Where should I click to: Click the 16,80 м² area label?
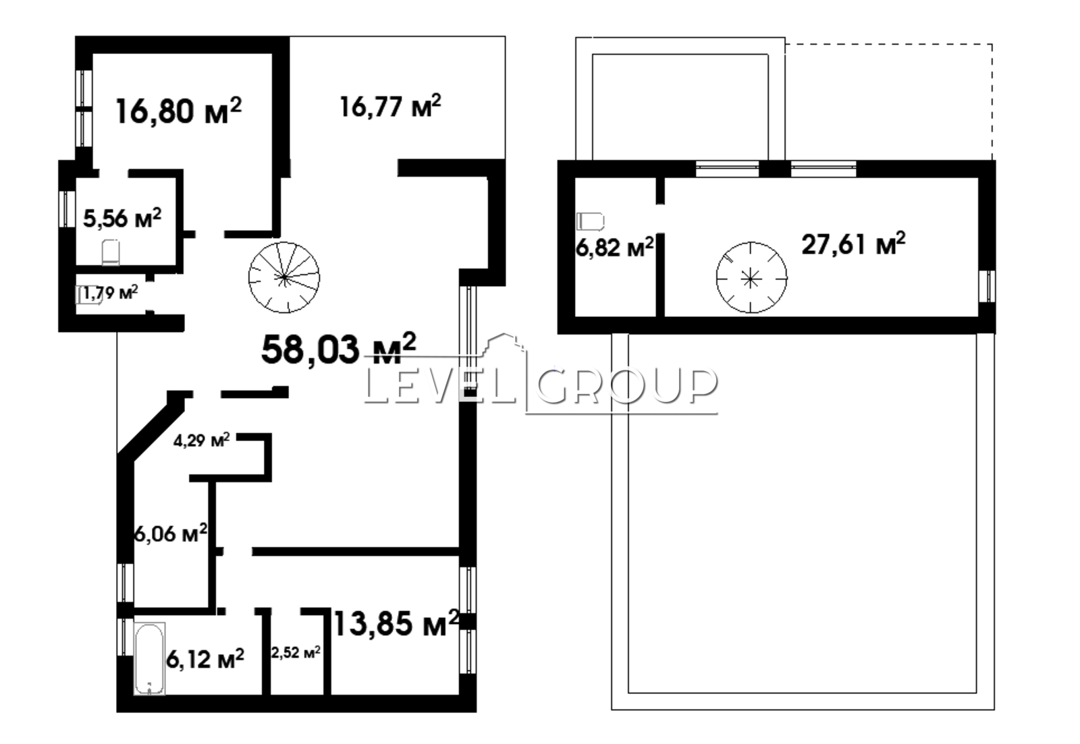tap(178, 111)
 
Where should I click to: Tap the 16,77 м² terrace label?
tap(390, 106)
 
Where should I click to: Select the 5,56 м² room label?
tap(122, 219)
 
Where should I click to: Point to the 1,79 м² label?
tap(111, 292)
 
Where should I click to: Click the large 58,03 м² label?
tap(338, 349)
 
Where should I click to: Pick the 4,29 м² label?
tap(202, 440)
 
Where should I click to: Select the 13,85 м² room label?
tap(396, 623)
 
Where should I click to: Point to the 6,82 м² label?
tap(615, 247)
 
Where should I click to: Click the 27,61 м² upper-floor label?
tap(853, 244)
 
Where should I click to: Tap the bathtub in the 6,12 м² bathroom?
tap(149, 659)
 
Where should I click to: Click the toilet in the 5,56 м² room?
tap(111, 252)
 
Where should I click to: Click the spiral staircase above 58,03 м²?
tap(284, 277)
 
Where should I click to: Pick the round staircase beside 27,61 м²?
tap(751, 277)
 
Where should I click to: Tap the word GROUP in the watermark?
tap(626, 387)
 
